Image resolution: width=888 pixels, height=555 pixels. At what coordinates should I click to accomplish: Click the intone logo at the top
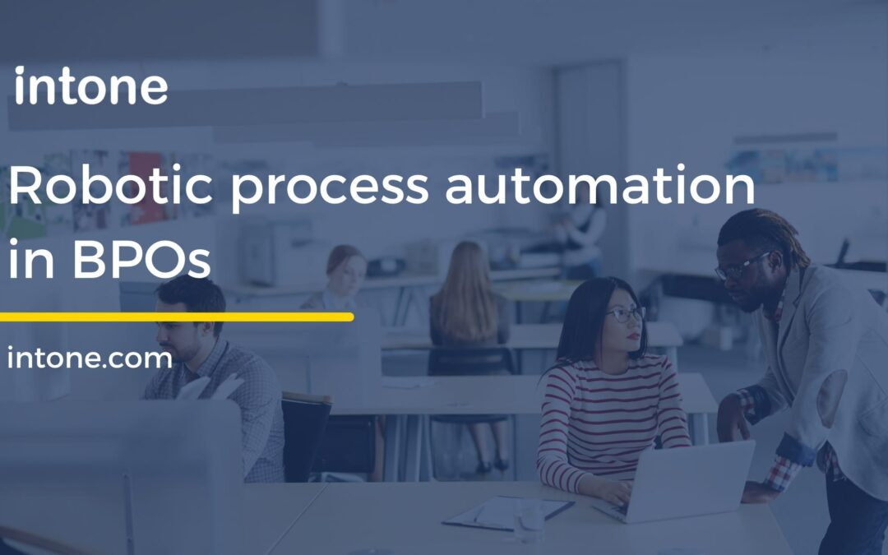coord(90,88)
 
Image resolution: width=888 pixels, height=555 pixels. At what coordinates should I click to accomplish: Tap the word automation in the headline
coord(600,187)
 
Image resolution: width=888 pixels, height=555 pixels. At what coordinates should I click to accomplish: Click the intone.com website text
coord(90,358)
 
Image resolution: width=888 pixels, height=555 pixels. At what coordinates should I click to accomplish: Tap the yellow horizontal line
coord(176,317)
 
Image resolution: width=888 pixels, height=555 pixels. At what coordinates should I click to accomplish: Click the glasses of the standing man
coord(740,267)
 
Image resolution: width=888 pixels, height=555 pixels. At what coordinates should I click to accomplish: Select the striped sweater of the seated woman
coord(608,411)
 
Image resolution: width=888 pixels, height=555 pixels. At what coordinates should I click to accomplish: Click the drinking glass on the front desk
coord(528,518)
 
